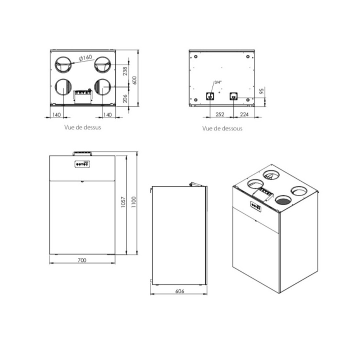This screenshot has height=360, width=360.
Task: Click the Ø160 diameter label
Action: coord(85,57)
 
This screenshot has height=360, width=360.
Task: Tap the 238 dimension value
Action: coord(125,71)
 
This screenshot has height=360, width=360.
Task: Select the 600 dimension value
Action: coord(134,80)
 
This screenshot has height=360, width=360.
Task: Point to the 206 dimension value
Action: coord(125,98)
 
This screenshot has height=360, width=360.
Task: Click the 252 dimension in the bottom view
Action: coord(220,114)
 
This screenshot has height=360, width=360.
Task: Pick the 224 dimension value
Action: coord(244,114)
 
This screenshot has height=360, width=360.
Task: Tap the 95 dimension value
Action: coord(261,91)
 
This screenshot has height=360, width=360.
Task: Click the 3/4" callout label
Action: coord(218,82)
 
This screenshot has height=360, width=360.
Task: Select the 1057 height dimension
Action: coord(123,202)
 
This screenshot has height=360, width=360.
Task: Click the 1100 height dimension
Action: coord(133,202)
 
